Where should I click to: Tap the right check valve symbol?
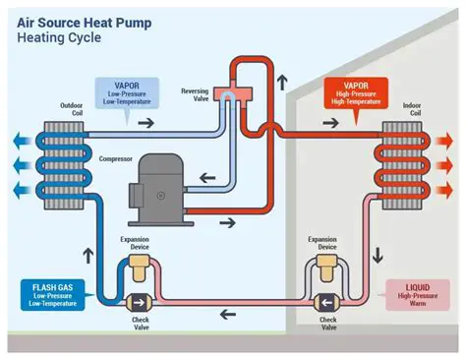coord(324,302)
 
